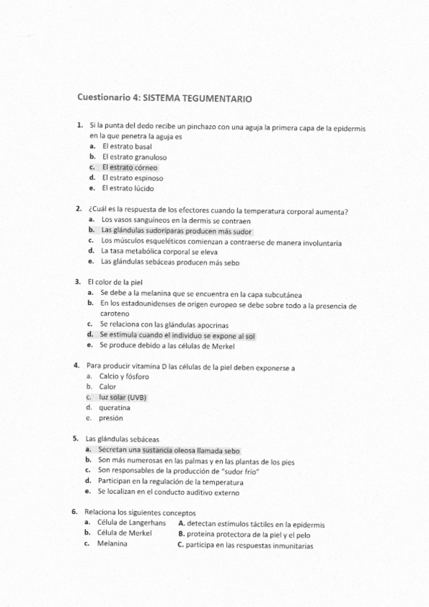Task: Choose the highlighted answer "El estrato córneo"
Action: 130,167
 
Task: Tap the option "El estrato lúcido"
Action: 127,188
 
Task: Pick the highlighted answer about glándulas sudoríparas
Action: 176,231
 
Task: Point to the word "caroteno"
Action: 115,314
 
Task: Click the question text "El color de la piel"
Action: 115,282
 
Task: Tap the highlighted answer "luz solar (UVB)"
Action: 122,397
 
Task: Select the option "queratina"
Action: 115,407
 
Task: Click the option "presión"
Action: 111,418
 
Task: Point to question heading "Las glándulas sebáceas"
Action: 122,439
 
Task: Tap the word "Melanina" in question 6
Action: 112,544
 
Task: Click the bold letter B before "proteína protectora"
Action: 181,534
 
